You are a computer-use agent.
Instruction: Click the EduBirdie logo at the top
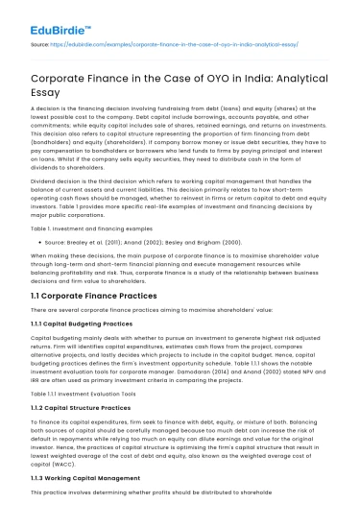(x=43, y=16)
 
